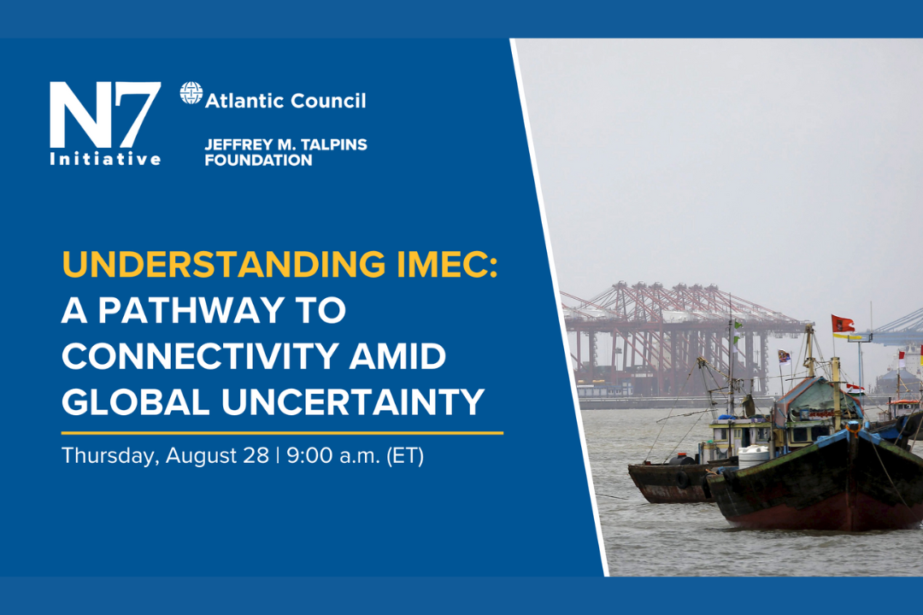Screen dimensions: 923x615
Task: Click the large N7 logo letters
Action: tap(105, 114)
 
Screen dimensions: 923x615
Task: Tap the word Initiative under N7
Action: tap(105, 159)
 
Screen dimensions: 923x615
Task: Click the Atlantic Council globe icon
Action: tap(191, 93)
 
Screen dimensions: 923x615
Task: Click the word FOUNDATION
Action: tap(258, 160)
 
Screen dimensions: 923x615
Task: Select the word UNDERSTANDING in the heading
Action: tap(224, 265)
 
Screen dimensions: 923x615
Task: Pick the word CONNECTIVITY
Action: tap(199, 356)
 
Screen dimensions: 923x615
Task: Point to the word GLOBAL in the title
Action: tap(135, 402)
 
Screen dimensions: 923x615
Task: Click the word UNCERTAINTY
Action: tap(353, 402)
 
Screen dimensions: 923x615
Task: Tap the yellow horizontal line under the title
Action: tap(282, 432)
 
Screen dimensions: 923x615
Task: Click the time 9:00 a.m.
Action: tap(333, 455)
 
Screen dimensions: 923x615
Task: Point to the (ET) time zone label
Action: tap(405, 456)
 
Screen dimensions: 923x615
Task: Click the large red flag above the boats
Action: tap(843, 325)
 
